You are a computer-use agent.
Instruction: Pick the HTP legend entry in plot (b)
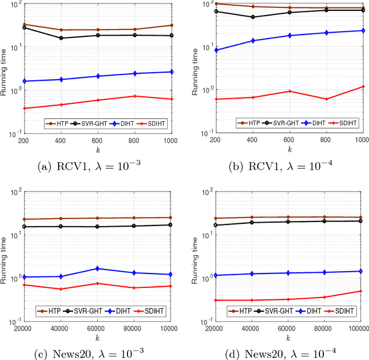coord(250,123)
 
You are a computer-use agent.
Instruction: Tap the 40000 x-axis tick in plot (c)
coord(61,327)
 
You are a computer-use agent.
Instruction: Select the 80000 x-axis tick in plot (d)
coord(325,327)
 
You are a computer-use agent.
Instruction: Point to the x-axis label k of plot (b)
coord(289,149)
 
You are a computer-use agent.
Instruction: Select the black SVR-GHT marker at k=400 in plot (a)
coord(61,38)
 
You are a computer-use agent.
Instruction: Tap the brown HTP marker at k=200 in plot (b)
coord(216,4)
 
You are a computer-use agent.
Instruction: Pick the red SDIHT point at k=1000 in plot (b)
coord(363,87)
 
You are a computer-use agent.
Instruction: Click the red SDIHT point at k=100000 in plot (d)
coord(361,291)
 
